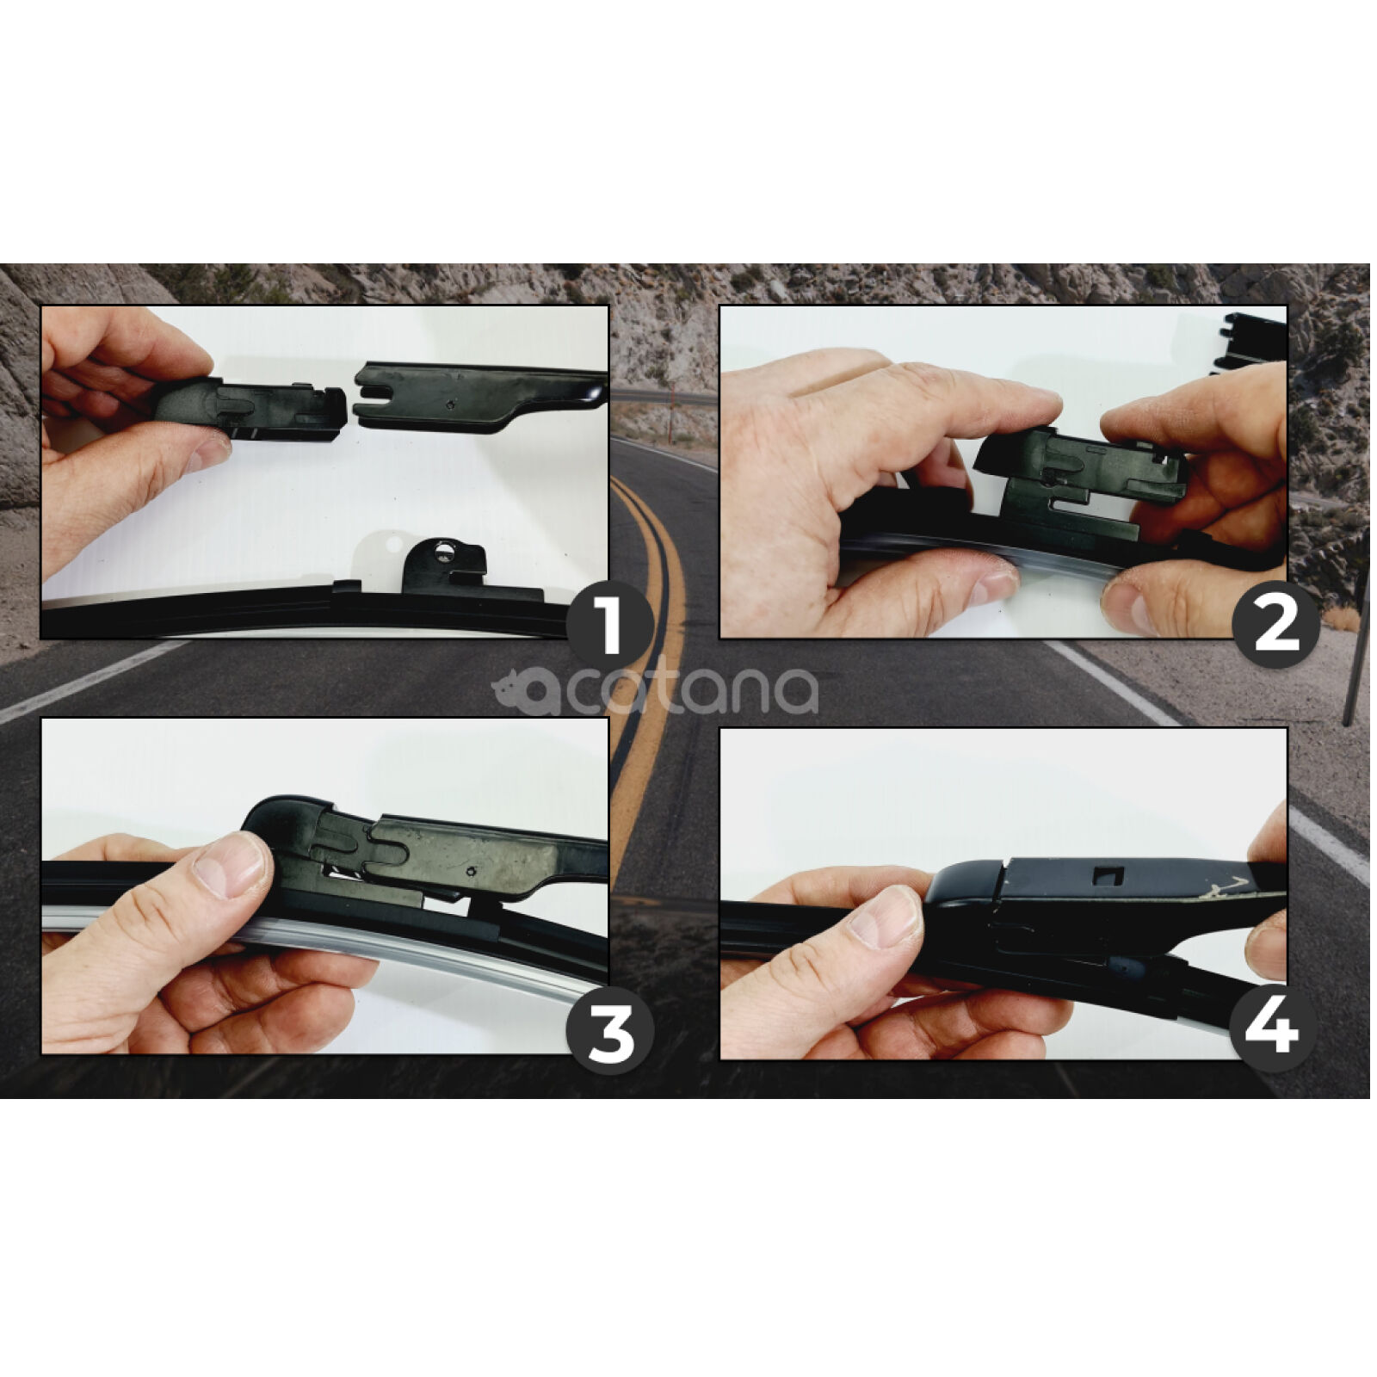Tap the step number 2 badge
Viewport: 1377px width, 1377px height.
coord(1276,626)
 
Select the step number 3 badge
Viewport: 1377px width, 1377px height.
coord(610,1030)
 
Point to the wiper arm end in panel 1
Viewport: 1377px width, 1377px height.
coord(482,394)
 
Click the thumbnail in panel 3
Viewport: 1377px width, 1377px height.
coord(230,863)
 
